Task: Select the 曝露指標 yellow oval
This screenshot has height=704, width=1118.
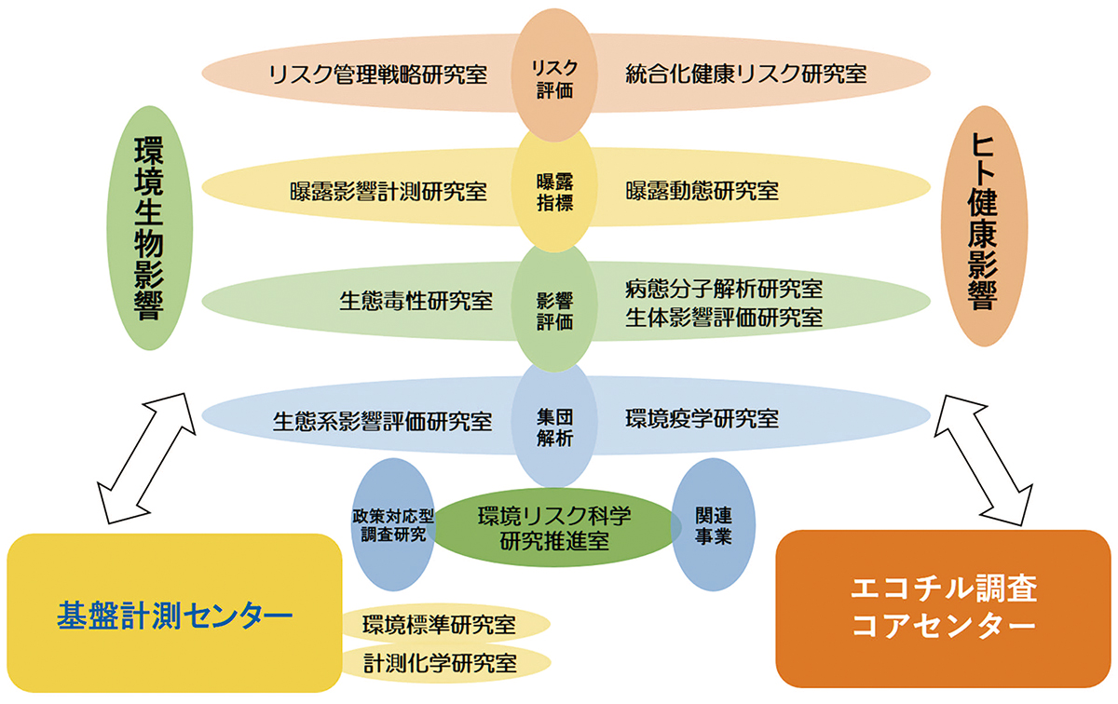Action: point(554,192)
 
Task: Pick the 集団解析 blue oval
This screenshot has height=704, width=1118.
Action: point(554,422)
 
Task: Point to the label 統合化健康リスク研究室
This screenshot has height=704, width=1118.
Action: point(746,74)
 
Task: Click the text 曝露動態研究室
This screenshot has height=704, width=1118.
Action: point(702,192)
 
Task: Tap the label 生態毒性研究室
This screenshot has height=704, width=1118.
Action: point(416,302)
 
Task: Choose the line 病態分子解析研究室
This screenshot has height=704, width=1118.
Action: point(724,290)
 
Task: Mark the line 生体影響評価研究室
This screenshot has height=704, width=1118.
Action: point(724,318)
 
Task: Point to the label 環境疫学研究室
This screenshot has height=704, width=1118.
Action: point(702,420)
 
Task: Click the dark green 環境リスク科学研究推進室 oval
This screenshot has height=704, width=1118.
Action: point(554,527)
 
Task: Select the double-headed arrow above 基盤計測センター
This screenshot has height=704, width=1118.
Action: point(147,460)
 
